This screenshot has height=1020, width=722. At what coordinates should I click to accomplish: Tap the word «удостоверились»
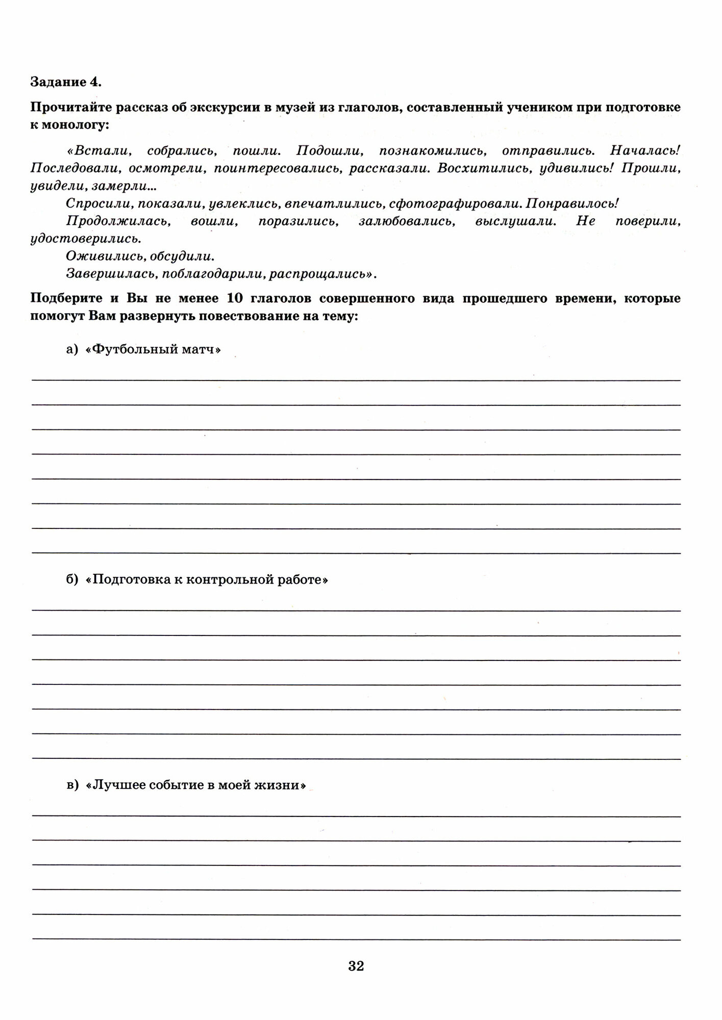click(x=85, y=239)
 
